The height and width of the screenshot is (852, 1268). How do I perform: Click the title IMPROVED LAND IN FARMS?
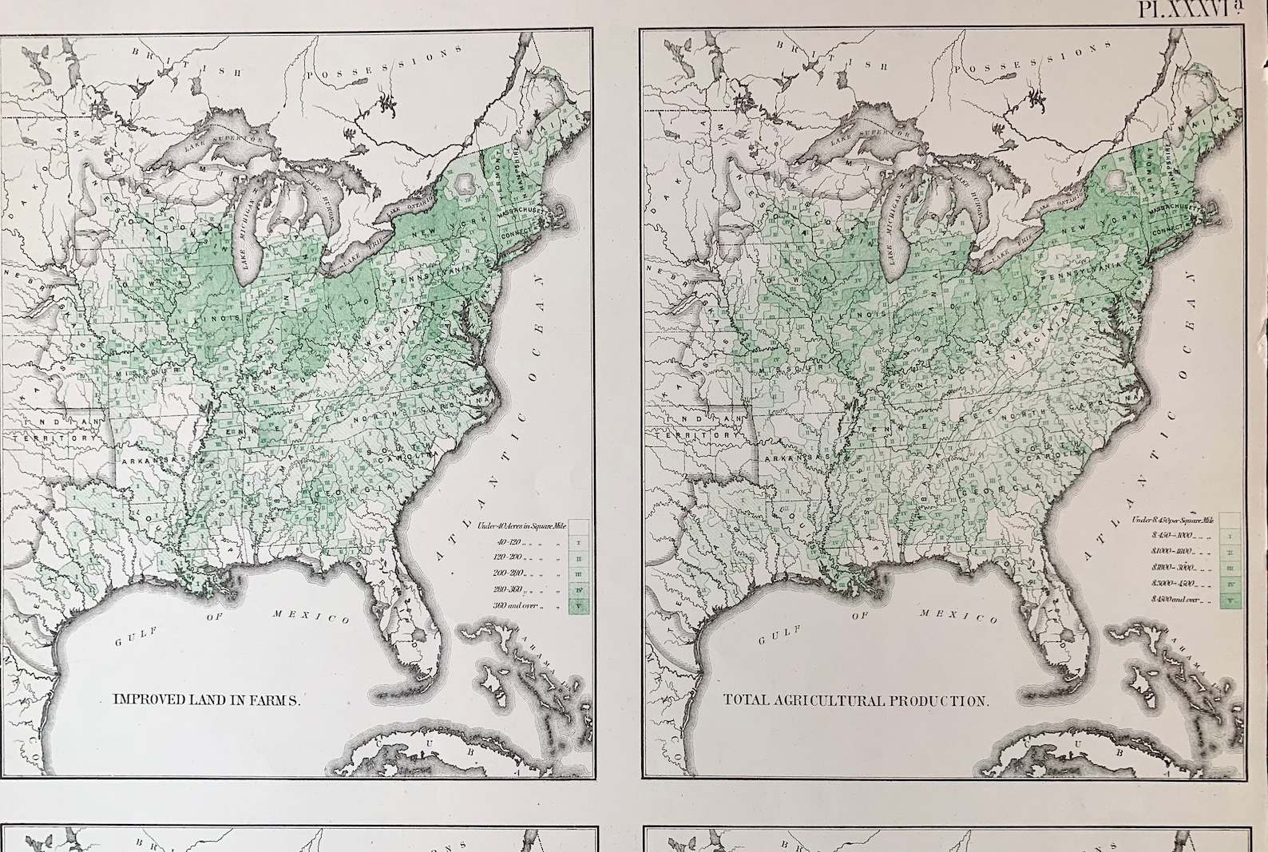[x=206, y=699]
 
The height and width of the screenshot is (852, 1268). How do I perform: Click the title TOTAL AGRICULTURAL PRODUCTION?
[x=856, y=700]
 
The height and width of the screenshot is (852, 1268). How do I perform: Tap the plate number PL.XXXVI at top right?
[x=1190, y=11]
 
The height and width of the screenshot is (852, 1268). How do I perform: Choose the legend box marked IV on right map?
[x=1230, y=584]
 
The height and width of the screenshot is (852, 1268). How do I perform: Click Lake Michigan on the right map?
[x=894, y=240]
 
